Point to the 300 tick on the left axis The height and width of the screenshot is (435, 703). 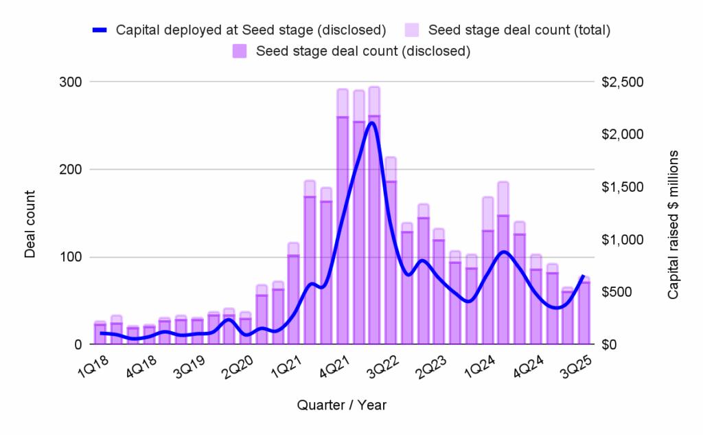click(72, 82)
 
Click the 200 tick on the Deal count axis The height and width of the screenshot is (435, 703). click(72, 170)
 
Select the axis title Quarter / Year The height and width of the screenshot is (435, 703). click(341, 405)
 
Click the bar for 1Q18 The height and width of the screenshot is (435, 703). click(100, 334)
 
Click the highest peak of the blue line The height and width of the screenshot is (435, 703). click(371, 123)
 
